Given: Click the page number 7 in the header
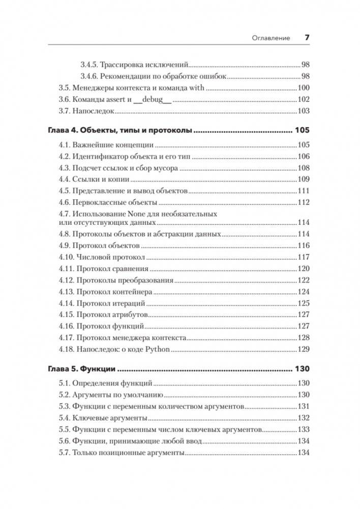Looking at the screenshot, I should coord(307,37).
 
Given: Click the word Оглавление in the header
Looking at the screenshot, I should coord(272,38).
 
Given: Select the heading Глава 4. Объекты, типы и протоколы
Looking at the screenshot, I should coord(120,131).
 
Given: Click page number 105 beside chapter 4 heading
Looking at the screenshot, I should coord(302,131).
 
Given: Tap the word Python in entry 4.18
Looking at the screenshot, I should coord(157,349).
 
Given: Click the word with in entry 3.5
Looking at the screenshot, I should coord(197,88).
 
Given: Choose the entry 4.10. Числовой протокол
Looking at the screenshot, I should coord(102,257).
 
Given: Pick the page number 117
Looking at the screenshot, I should coord(303,257).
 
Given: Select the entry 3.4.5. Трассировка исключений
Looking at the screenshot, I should coord(134,65).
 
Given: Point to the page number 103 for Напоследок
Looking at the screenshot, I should coord(303,111).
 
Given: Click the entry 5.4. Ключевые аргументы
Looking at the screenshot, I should coord(103,417).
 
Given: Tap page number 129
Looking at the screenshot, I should coord(303,349).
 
